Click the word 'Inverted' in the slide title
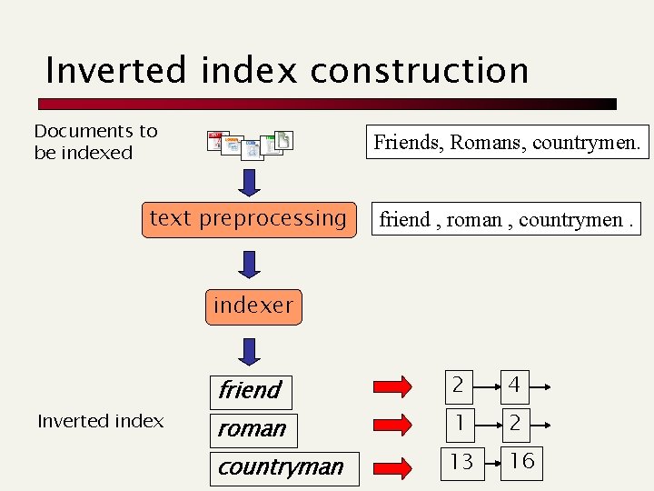click(105, 70)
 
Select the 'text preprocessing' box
click(247, 219)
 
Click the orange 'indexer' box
click(253, 306)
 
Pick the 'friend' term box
click(250, 390)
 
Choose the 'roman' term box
click(252, 428)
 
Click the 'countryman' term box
click(282, 467)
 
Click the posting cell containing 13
click(461, 461)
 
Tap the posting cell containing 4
click(514, 386)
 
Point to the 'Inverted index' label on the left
click(100, 421)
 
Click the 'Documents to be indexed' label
click(95, 142)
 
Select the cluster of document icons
click(250, 145)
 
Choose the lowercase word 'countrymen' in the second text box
click(570, 219)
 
